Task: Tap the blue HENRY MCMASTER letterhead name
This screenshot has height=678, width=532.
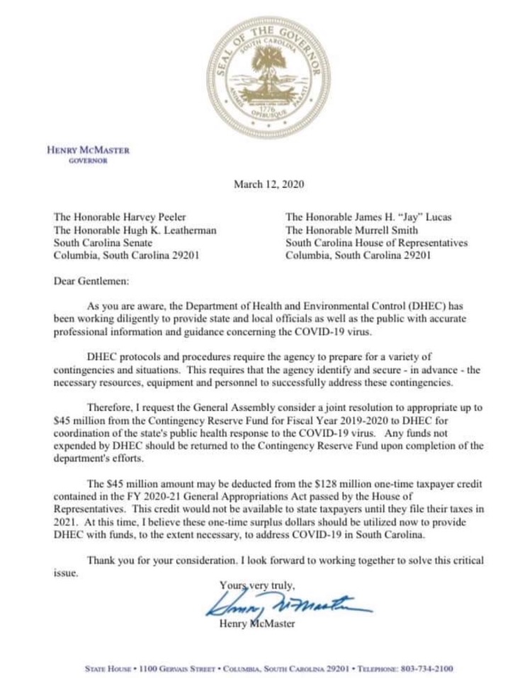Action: (x=88, y=150)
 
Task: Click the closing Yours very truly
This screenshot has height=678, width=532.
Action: (x=256, y=585)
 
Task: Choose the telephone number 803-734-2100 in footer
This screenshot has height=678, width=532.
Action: (x=423, y=669)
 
